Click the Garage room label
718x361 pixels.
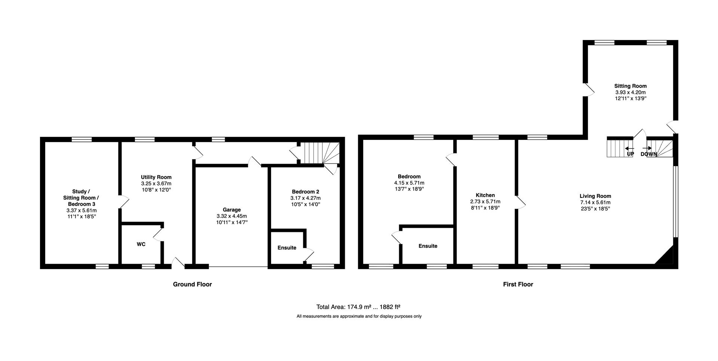click(231, 210)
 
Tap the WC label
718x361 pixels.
click(141, 244)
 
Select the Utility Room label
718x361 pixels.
click(156, 177)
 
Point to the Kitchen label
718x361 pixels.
click(485, 195)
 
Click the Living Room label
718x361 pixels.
click(595, 196)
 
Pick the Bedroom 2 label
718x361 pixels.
click(306, 192)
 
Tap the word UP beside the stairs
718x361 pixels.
click(630, 154)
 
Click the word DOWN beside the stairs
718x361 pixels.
click(649, 154)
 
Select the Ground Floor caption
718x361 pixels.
click(192, 284)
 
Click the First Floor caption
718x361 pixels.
click(518, 284)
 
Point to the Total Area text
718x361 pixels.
click(358, 307)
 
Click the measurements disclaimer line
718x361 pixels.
click(359, 316)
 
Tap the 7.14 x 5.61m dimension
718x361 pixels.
click(595, 202)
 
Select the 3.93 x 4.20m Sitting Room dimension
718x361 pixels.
click(630, 92)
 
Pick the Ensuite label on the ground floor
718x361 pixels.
click(287, 248)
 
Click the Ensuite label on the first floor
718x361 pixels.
click(428, 246)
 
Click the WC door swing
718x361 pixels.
click(158, 234)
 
